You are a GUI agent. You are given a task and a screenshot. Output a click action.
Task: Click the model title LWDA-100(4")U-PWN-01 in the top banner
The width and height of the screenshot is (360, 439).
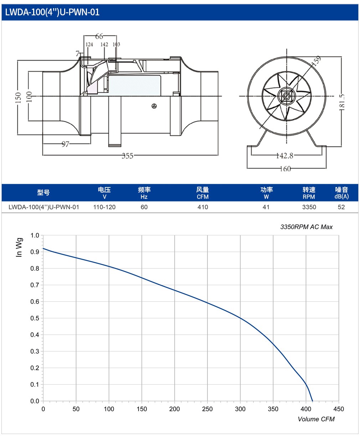pyautogui.click(x=52, y=12)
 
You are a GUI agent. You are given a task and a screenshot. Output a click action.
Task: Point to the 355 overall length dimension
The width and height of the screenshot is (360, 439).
pyautogui.click(x=128, y=156)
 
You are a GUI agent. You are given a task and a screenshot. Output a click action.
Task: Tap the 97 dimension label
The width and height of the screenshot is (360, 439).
pyautogui.click(x=65, y=144)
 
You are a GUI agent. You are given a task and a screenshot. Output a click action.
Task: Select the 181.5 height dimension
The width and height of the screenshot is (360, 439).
pyautogui.click(x=342, y=102)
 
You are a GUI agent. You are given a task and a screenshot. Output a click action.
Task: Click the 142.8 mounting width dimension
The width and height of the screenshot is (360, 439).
pyautogui.click(x=285, y=155)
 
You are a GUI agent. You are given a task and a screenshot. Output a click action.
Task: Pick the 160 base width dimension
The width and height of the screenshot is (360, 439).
pyautogui.click(x=285, y=169)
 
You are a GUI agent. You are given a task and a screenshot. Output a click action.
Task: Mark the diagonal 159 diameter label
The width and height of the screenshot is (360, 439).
pyautogui.click(x=316, y=61)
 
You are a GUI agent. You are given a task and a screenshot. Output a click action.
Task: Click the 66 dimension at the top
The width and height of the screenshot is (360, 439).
pyautogui.click(x=99, y=36)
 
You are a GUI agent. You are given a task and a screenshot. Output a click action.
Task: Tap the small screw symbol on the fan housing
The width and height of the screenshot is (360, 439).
pyautogui.click(x=154, y=106)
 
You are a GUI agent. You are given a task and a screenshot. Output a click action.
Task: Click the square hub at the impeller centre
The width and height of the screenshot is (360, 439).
pyautogui.click(x=287, y=96)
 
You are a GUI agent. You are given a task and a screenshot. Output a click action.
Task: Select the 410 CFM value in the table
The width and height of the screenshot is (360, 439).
pyautogui.click(x=202, y=207)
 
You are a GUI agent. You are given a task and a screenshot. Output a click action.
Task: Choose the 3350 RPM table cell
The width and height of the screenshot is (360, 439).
pyautogui.click(x=309, y=207)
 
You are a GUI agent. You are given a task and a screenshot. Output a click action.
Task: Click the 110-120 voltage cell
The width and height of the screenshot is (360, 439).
pyautogui.click(x=104, y=207)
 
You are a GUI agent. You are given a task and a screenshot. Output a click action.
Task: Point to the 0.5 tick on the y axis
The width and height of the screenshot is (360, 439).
pyautogui.click(x=35, y=318)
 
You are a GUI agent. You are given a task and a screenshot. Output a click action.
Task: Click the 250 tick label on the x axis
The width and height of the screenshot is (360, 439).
pyautogui.click(x=207, y=409)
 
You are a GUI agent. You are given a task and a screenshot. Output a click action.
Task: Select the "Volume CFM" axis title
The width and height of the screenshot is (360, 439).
pyautogui.click(x=316, y=419)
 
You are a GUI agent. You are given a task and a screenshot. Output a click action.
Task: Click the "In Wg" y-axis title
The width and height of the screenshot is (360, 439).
pyautogui.click(x=19, y=247)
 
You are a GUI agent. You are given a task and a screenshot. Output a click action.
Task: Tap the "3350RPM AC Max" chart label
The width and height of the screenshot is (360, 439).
pyautogui.click(x=306, y=227)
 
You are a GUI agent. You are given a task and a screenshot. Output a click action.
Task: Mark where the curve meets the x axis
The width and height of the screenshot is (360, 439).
pyautogui.click(x=312, y=401)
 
